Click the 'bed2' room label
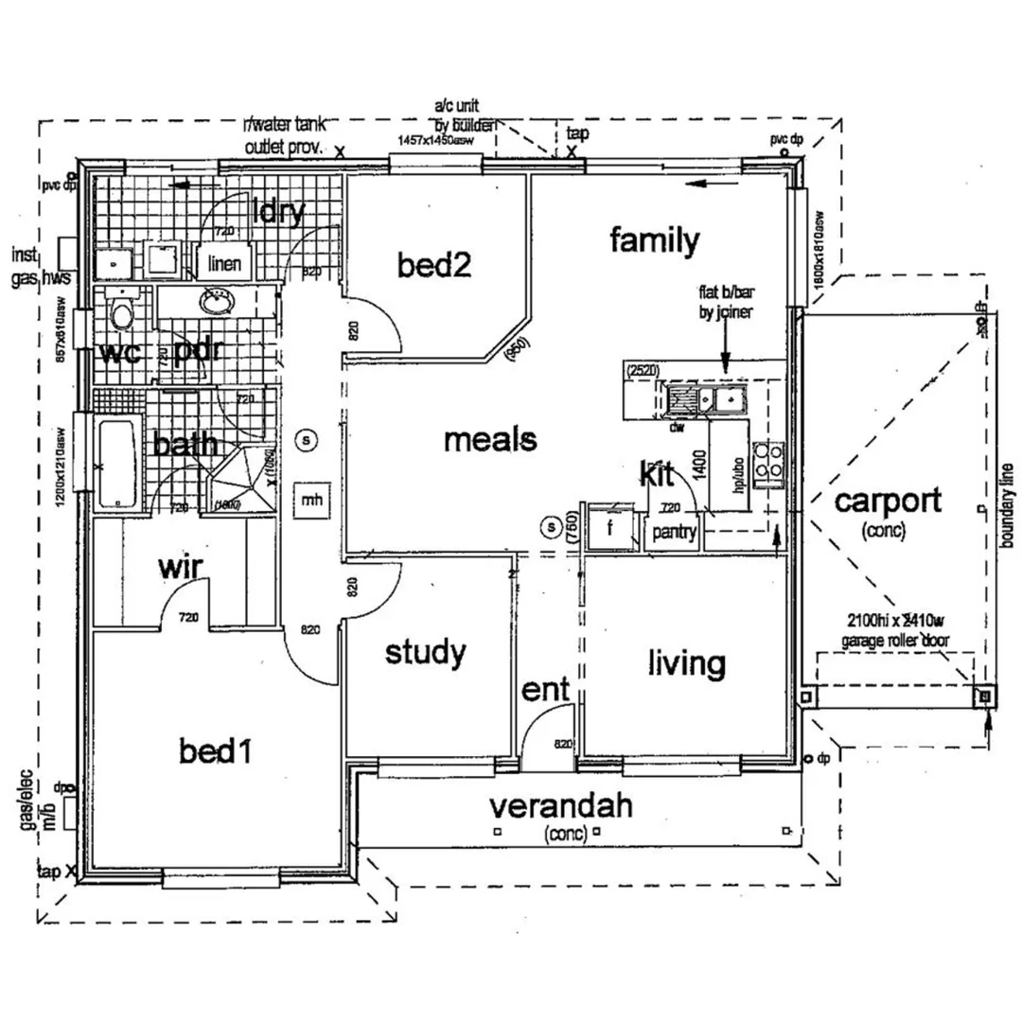434,266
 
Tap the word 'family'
654,241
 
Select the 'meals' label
490,440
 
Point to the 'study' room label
426,652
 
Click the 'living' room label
686,663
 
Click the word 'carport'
888,501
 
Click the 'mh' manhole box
308,497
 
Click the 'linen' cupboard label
225,264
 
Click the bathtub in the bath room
117,464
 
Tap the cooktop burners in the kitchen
768,465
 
